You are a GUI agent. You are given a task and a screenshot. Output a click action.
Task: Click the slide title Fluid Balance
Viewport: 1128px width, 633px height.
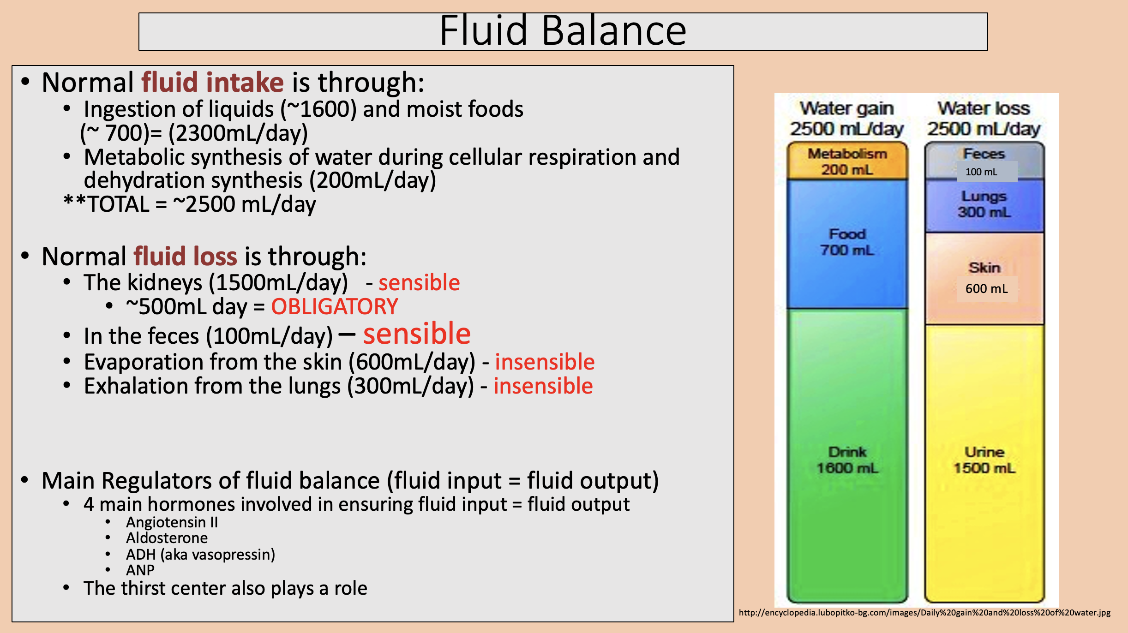pyautogui.click(x=563, y=31)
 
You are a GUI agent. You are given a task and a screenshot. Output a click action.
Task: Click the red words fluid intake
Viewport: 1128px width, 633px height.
pyautogui.click(x=212, y=83)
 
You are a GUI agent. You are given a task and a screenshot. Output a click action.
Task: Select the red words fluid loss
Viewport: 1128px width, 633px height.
pyautogui.click(x=185, y=257)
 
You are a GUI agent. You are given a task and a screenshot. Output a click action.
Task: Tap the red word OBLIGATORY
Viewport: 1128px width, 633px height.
pyautogui.click(x=334, y=307)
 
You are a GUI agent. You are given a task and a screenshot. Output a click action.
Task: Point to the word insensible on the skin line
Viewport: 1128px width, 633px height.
pyautogui.click(x=545, y=362)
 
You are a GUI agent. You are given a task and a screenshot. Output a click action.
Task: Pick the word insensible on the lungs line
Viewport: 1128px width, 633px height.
pyautogui.click(x=543, y=386)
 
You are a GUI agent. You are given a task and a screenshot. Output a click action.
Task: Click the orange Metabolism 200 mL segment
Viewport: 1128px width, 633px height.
pyautogui.click(x=847, y=161)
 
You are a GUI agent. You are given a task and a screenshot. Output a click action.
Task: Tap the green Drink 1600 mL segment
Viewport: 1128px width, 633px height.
pyautogui.click(x=847, y=459)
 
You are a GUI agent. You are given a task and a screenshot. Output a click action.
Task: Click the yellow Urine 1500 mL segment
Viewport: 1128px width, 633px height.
pyautogui.click(x=984, y=459)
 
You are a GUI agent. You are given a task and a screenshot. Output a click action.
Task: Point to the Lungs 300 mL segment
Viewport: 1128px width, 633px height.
pyautogui.click(x=984, y=204)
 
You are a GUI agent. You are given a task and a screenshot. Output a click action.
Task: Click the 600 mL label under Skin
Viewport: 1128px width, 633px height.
pyautogui.click(x=986, y=289)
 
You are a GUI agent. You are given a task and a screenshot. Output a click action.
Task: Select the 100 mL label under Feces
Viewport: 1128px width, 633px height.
pyautogui.click(x=981, y=172)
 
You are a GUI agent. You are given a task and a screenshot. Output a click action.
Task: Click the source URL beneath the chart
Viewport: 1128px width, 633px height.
pyautogui.click(x=924, y=613)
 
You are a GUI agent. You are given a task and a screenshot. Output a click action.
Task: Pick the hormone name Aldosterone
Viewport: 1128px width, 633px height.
pyautogui.click(x=167, y=538)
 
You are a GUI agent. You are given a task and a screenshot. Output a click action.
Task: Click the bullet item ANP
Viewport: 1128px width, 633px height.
pyautogui.click(x=140, y=570)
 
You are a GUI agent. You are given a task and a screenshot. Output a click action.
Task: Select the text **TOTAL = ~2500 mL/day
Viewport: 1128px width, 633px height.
pyautogui.click(x=190, y=204)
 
